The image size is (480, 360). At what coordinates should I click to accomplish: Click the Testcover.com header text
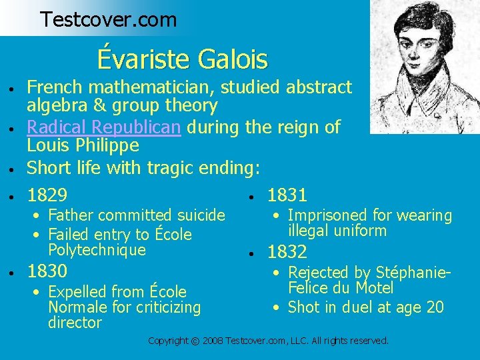point(108,19)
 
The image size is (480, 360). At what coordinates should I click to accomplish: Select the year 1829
point(47,195)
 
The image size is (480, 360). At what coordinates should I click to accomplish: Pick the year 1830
point(47,271)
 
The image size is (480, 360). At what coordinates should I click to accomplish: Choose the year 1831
point(287,195)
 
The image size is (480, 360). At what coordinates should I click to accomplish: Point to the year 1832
point(287,252)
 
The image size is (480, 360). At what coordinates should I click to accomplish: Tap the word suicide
point(200,215)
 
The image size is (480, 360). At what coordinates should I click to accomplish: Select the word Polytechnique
point(97,250)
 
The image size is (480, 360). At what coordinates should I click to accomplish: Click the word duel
point(352,307)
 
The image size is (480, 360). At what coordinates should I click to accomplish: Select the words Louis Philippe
point(83,145)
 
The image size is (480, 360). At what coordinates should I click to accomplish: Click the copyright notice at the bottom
point(268,341)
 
